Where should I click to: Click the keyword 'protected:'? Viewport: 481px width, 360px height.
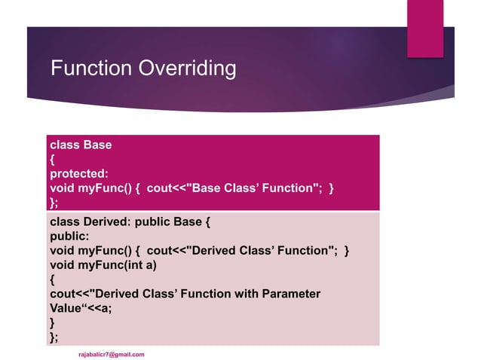tap(79, 173)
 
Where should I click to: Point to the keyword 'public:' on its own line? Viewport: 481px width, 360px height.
tap(69, 236)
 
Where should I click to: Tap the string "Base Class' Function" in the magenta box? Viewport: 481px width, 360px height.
tap(248, 188)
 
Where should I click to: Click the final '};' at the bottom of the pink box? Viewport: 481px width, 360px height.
tap(54, 336)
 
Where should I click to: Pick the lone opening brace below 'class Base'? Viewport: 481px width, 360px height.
tap(52, 159)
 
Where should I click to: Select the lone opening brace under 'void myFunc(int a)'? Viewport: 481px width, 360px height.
tap(52, 279)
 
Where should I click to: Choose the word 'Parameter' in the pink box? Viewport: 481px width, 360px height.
tap(291, 293)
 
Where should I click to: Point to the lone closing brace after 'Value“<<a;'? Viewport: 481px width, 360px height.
tap(52, 322)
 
